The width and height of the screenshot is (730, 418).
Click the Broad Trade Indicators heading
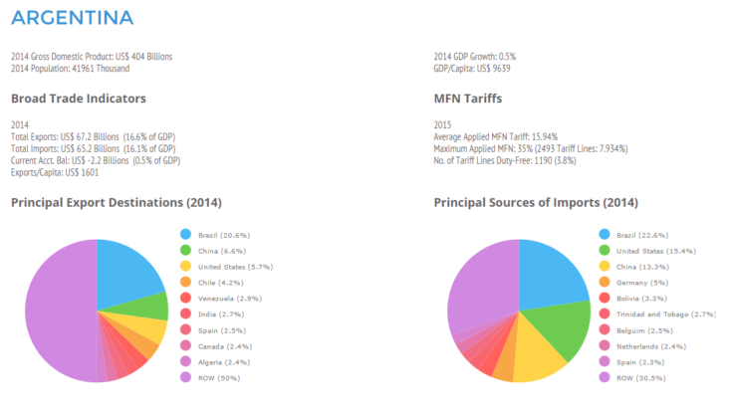[x=79, y=99]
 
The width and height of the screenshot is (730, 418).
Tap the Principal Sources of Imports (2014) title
[x=536, y=203]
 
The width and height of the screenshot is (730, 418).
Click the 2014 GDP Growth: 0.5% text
[x=474, y=56]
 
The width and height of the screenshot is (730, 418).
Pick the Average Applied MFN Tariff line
[x=495, y=135]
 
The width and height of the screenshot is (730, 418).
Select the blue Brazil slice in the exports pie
[x=129, y=274]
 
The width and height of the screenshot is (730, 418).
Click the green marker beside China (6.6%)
[x=185, y=250]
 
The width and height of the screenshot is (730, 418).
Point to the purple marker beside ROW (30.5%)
[x=604, y=377]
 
